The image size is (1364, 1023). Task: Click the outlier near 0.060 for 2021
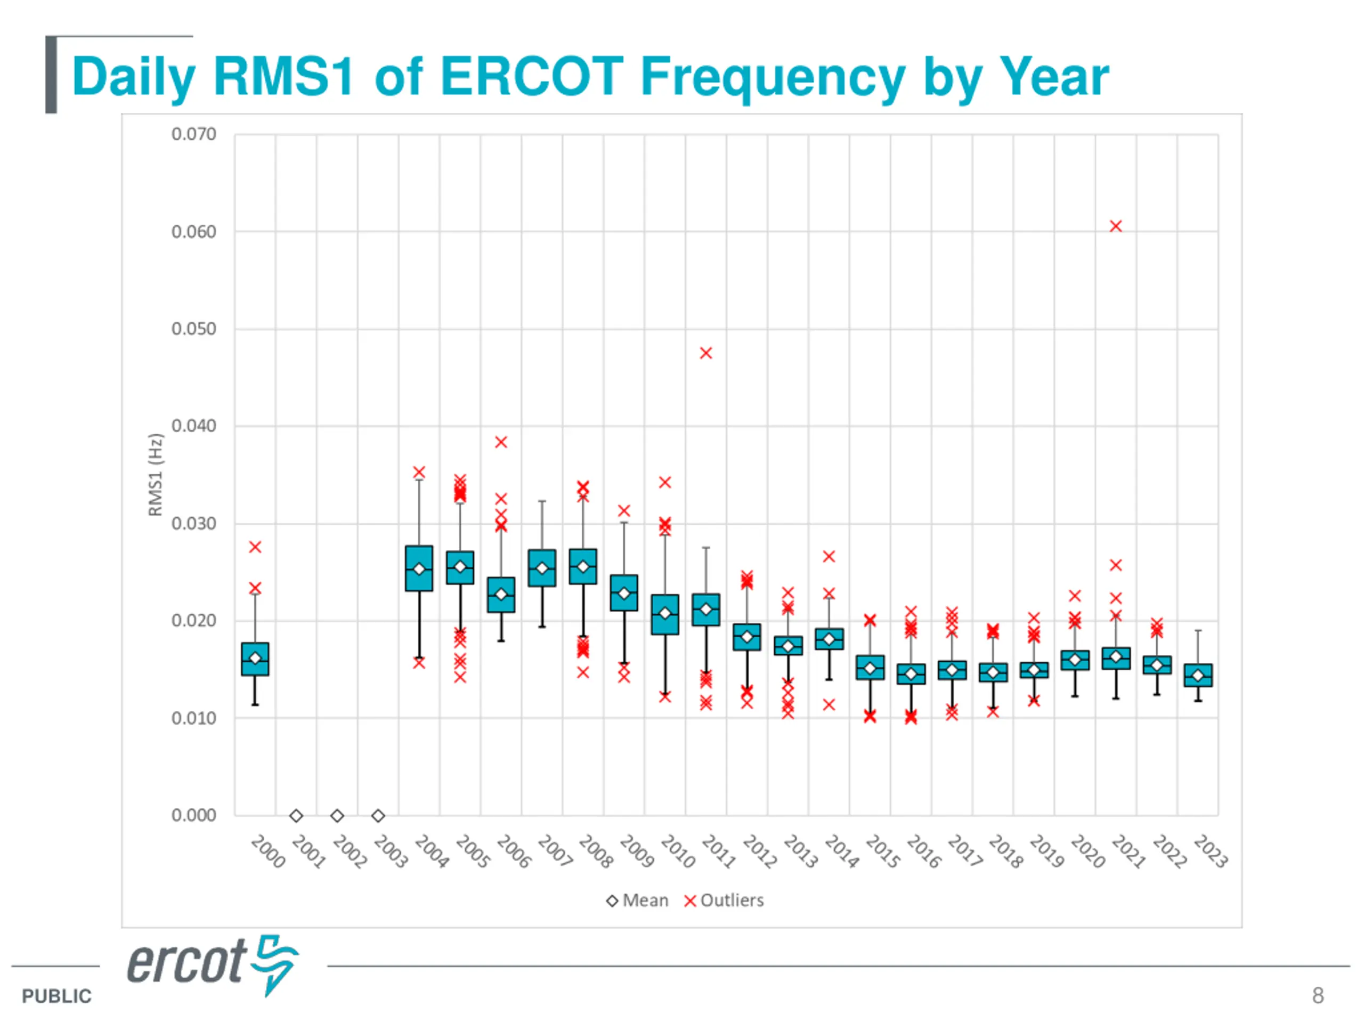1116,226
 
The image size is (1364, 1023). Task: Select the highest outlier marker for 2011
706,353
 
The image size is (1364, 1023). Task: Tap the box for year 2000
255,659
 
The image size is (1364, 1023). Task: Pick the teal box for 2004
419,569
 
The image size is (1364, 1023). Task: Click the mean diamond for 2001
296,816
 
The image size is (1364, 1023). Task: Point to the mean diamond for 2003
378,816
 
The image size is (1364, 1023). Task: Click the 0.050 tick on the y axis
193,329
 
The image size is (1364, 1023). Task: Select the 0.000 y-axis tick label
193,815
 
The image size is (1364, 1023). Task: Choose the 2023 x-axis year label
1211,851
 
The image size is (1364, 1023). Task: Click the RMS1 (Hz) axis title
156,475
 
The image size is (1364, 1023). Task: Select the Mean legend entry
638,900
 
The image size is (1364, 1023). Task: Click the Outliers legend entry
725,900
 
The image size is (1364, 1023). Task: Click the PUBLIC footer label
56,996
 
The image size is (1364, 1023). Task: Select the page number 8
1318,995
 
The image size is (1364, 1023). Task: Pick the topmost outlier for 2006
501,442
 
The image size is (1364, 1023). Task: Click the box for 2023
1198,675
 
